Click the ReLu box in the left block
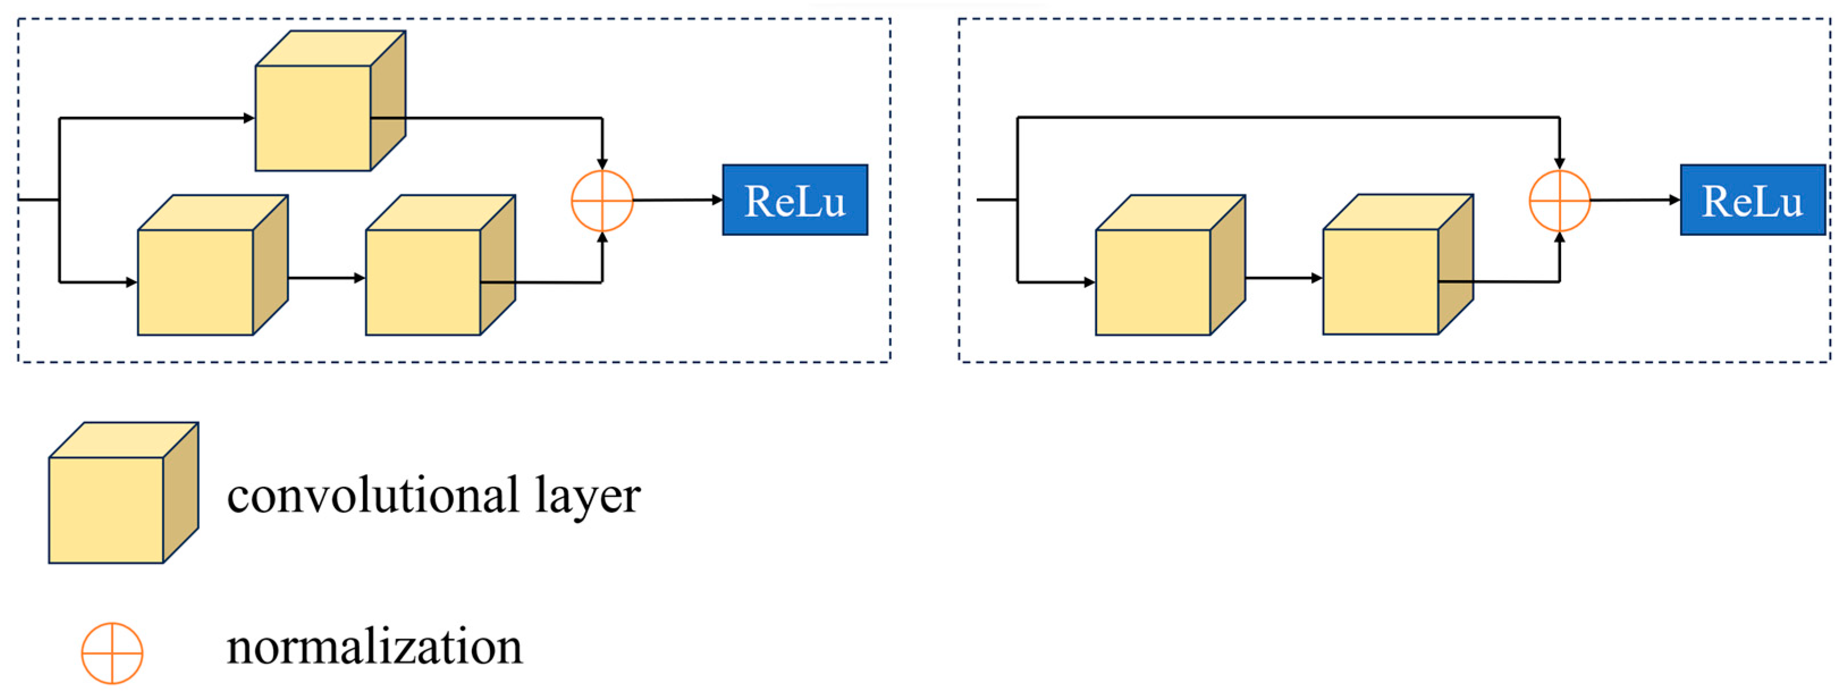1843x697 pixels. [795, 200]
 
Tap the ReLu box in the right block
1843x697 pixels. [1752, 200]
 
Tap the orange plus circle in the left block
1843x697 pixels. [602, 200]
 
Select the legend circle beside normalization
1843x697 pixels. [112, 653]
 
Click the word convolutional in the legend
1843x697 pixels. [373, 495]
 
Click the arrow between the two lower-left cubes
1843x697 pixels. [326, 278]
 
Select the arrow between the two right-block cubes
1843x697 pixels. [1284, 278]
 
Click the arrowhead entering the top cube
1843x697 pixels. [249, 118]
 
